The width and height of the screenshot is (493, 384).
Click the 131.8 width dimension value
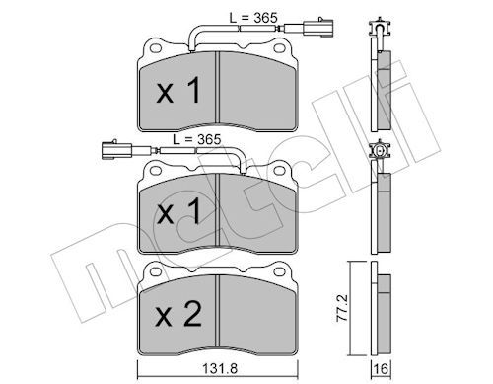[x=219, y=368]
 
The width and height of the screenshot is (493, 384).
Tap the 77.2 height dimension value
[x=342, y=308]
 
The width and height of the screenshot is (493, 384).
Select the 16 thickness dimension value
[x=381, y=369]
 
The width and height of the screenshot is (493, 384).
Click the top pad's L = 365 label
[x=253, y=18]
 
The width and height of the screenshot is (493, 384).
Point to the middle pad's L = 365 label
[x=197, y=139]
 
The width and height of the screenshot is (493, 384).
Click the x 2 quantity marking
[x=178, y=314]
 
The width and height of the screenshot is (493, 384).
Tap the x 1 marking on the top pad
[x=178, y=90]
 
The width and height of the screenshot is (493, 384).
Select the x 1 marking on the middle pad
[x=178, y=211]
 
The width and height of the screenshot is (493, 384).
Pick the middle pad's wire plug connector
[x=117, y=150]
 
